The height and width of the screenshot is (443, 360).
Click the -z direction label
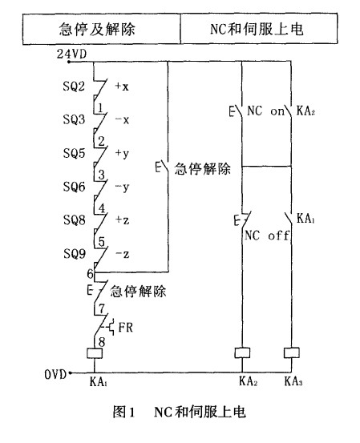point(123,253)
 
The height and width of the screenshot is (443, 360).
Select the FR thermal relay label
point(126,328)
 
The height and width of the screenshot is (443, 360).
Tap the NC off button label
point(264,237)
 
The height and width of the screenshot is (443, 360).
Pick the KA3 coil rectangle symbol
point(293,352)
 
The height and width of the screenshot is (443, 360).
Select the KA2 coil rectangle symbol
point(243,352)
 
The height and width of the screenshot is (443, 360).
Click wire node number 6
point(90,273)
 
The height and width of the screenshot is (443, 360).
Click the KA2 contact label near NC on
point(305,113)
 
